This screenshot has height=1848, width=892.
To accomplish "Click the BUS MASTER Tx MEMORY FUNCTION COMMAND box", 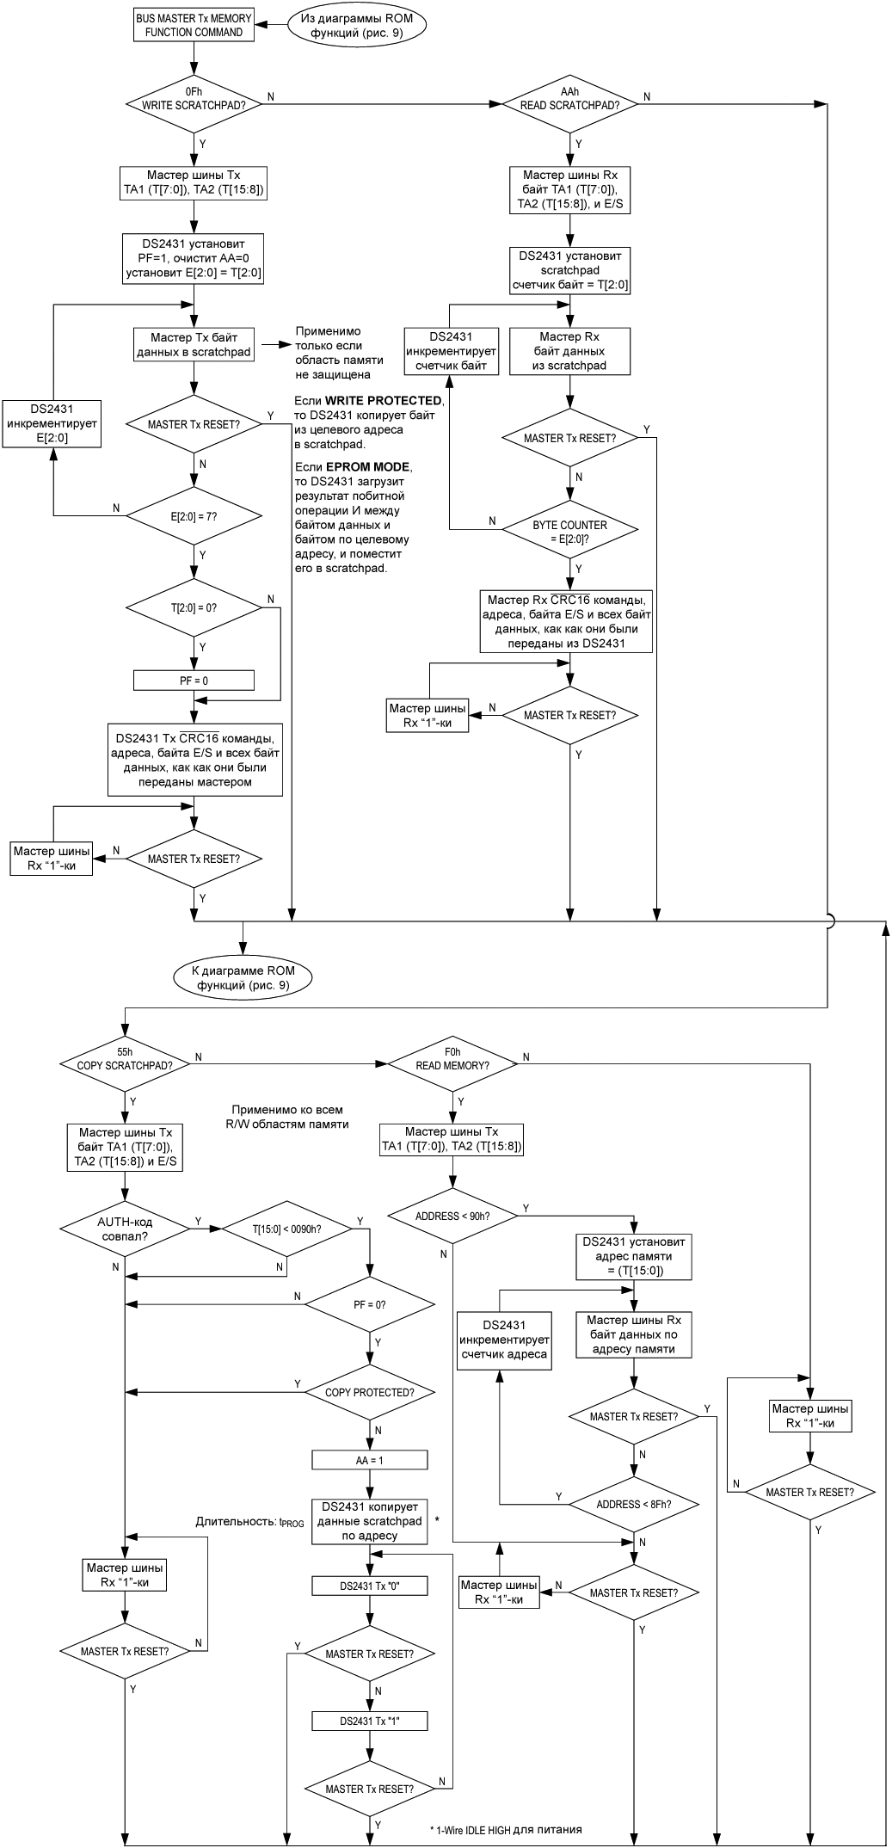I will click(194, 25).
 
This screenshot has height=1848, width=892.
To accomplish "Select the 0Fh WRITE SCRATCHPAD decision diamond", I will click(194, 98).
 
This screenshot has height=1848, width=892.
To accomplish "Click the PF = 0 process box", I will click(194, 681).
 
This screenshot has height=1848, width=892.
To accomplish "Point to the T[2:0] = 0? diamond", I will click(194, 607).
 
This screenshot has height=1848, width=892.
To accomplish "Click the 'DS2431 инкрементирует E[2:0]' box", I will click(52, 423).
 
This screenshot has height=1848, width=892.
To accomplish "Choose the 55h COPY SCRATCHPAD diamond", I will click(125, 1058).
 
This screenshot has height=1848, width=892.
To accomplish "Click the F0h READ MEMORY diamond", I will click(452, 1058).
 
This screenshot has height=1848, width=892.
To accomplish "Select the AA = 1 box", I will click(369, 1460).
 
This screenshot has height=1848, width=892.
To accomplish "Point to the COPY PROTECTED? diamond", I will click(369, 1392).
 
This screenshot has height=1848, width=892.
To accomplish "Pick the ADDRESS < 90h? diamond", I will click(452, 1217).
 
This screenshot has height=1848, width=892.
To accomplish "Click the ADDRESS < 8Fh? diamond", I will click(634, 1505).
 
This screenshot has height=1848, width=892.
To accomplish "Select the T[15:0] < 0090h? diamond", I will click(286, 1229).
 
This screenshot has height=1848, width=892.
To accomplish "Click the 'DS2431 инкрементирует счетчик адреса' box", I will click(504, 1340).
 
